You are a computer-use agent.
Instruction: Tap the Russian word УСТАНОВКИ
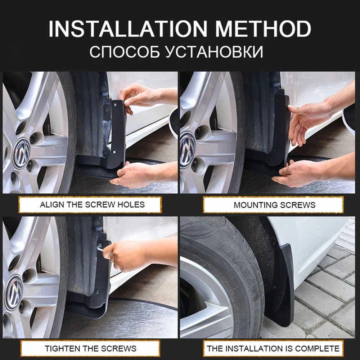coord(215,52)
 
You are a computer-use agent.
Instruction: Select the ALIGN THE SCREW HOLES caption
coord(92,205)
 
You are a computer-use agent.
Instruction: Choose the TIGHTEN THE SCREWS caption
coord(90,348)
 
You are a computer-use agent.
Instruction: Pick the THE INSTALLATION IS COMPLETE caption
coord(273,348)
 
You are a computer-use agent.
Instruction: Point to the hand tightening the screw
coord(124,256)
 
